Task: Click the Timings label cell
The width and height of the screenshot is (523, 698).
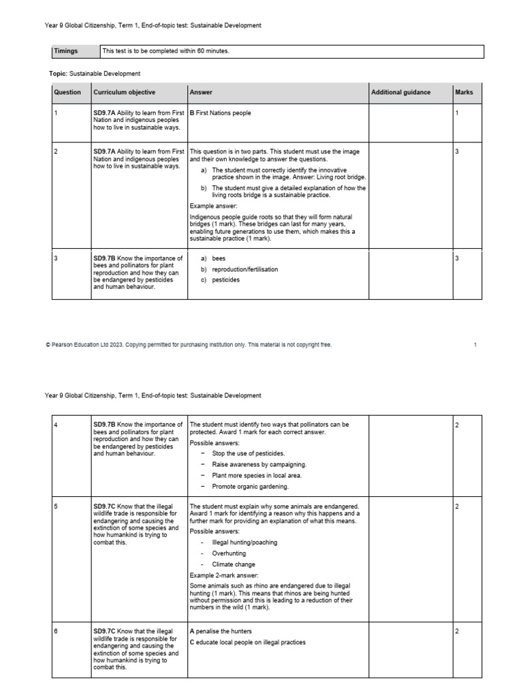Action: [x=66, y=51]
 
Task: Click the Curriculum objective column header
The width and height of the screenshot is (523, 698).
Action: [x=124, y=93]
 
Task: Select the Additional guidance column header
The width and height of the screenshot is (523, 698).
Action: [x=400, y=93]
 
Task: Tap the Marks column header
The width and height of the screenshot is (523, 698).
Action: [x=464, y=93]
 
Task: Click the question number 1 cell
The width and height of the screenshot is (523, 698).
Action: [x=56, y=113]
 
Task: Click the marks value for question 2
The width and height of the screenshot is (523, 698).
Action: [x=457, y=151]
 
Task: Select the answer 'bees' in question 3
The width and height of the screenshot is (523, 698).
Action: [x=218, y=259]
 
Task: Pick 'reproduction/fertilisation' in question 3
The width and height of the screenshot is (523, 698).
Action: [x=244, y=269]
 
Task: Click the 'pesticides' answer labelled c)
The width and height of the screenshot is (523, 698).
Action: [x=225, y=279]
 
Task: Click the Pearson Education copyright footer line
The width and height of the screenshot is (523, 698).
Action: [x=189, y=345]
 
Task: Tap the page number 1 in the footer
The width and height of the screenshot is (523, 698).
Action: [x=475, y=345]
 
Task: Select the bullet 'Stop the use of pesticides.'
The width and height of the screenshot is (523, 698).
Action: [x=249, y=453]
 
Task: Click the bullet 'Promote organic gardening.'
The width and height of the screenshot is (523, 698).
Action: [x=250, y=486]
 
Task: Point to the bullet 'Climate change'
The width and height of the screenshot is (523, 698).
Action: [x=234, y=564]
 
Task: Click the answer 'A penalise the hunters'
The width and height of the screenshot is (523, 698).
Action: [x=224, y=631]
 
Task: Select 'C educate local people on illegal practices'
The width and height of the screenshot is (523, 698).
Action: [x=247, y=642]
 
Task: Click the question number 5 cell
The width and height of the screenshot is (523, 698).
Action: [x=56, y=507]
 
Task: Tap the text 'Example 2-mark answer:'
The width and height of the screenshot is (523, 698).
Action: [x=223, y=575]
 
